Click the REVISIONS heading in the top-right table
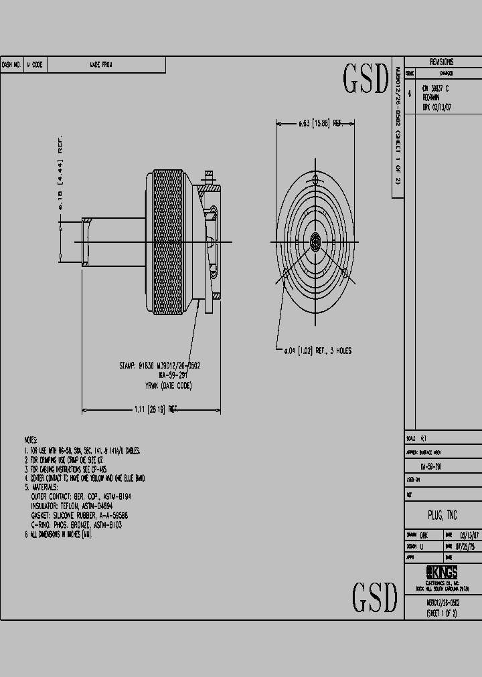coord(441,62)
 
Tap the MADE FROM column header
coord(101,65)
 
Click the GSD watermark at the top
coord(366,80)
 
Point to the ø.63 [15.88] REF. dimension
coord(320,124)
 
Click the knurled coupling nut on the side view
coord(171,241)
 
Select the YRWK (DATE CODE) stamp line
coord(168,386)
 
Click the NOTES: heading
coord(31,440)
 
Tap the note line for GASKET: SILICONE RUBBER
coord(79,516)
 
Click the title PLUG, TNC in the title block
coord(442,514)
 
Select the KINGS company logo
coord(442,572)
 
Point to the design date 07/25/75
coord(470,547)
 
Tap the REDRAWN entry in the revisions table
coord(431,97)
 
